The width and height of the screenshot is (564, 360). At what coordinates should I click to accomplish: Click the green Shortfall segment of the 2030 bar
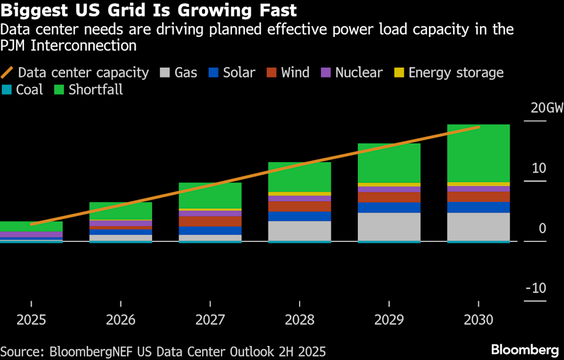coord(478,153)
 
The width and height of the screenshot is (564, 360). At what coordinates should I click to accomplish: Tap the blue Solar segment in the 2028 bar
coord(300,216)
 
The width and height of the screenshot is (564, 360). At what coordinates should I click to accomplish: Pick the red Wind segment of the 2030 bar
coord(478,197)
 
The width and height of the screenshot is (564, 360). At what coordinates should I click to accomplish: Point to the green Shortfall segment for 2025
coord(31,226)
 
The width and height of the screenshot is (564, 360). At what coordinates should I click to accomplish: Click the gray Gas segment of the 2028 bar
coord(300,230)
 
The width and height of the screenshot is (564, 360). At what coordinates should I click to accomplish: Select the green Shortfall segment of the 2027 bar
coord(210,195)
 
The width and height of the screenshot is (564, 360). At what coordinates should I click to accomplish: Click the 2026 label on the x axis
coord(120,320)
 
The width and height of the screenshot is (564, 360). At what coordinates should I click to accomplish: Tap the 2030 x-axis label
coord(478,320)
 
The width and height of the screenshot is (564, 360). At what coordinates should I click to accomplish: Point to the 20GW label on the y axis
coord(546,109)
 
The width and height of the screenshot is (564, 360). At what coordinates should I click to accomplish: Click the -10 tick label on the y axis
coord(536,288)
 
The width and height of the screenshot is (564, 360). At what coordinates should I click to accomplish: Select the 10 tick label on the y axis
coord(539,169)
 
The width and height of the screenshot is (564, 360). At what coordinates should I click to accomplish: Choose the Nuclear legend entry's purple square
coord(326,73)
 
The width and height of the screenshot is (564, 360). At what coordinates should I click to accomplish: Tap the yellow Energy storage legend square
coord(399,73)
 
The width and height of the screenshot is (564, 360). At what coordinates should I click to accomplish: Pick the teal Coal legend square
coord(7,90)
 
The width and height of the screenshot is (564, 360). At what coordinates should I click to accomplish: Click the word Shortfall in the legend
coord(96,90)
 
